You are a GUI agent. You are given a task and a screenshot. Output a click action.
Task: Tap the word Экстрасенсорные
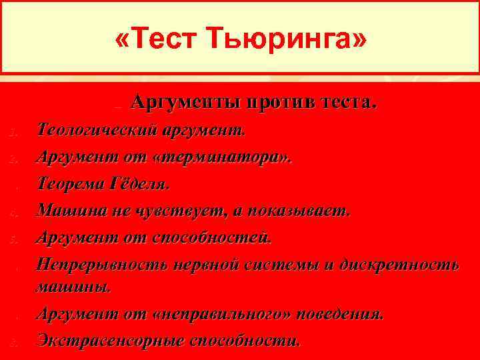(x=109, y=340)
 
